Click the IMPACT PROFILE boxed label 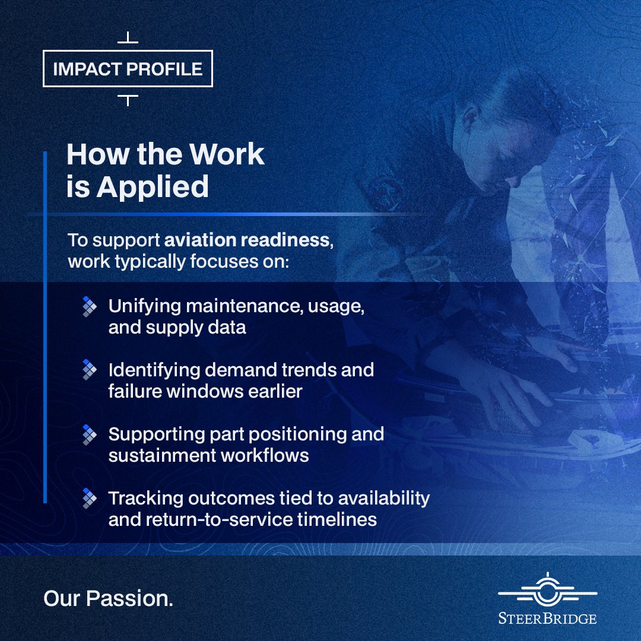(128, 69)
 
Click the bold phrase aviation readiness (247, 240)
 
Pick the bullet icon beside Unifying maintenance (89, 306)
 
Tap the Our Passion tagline (108, 598)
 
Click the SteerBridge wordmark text (547, 618)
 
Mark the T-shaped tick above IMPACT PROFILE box (128, 39)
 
